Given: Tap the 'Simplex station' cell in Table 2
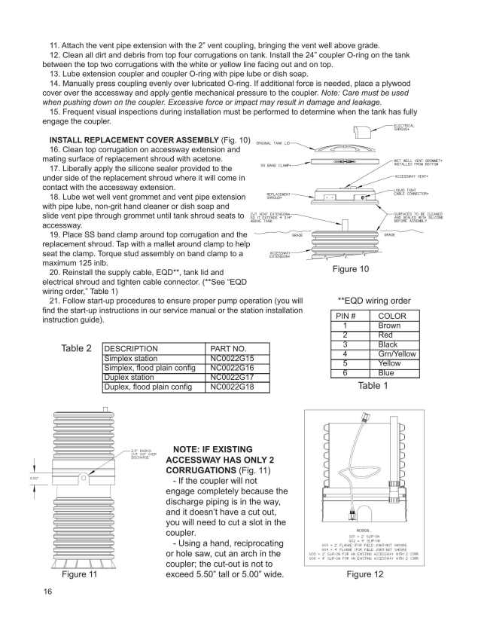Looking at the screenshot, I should [130, 359].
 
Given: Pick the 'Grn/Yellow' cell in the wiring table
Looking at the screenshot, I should [396, 353].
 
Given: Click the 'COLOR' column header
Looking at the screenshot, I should [392, 317].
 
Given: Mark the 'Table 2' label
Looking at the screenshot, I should [78, 349].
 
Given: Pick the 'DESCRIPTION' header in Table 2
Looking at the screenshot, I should [131, 349].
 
